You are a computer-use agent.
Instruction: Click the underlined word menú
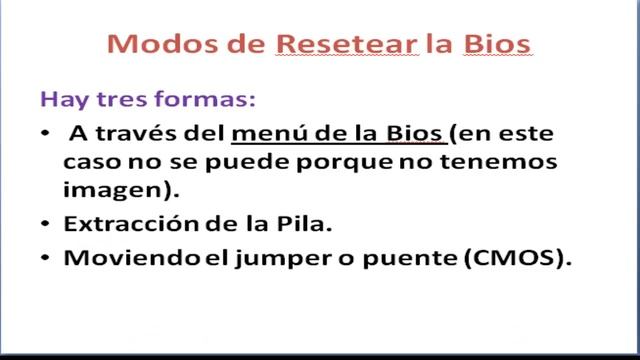click(267, 134)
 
